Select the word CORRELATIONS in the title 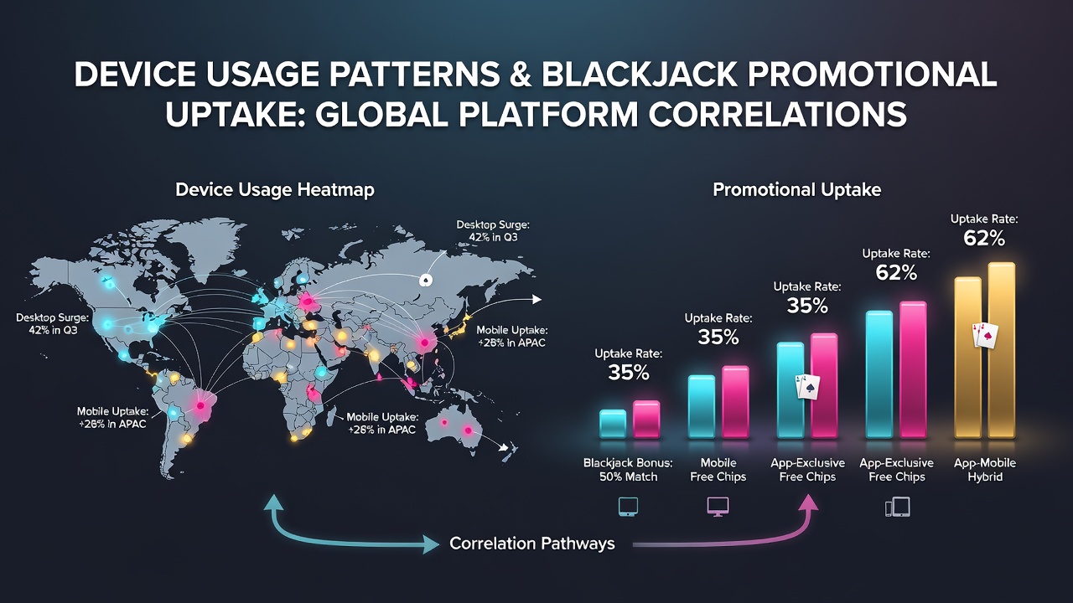778,114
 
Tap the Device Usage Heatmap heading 275,190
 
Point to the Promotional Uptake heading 797,190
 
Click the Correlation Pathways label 532,544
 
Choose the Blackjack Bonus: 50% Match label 628,470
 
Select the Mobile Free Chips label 718,470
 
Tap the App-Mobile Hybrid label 985,470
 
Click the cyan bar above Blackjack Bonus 613,424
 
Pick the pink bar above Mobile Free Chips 735,402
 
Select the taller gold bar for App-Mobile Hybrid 1002,350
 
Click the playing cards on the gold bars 985,335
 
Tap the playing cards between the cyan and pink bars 807,387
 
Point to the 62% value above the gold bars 984,239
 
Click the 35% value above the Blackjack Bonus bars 629,373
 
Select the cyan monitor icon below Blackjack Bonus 628,507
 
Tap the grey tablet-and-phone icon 897,507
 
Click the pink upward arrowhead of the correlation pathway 810,503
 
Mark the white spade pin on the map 425,280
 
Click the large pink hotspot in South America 200,406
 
